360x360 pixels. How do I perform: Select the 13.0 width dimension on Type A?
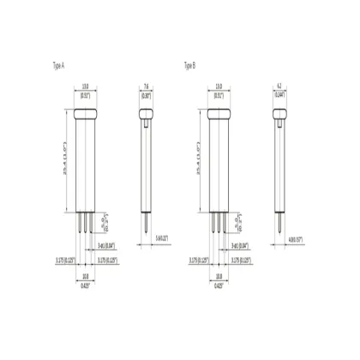(x=86, y=86)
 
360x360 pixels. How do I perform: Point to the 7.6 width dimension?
(x=147, y=86)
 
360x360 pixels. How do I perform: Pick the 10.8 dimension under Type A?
(x=86, y=277)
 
